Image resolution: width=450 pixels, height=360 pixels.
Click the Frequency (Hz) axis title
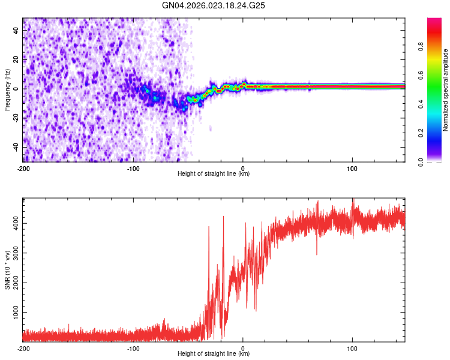7,90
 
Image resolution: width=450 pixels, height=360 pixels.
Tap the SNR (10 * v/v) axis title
7,269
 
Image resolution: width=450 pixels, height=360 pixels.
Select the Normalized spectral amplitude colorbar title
445,90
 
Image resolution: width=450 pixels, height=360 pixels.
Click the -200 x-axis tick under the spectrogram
23,168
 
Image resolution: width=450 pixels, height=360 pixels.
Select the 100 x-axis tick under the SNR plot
352,348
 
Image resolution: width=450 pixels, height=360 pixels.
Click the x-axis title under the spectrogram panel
214,174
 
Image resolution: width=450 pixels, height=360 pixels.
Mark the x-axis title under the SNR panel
214,354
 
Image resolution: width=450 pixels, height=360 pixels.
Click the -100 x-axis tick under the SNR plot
133,348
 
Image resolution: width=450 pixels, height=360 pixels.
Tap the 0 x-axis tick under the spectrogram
242,168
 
